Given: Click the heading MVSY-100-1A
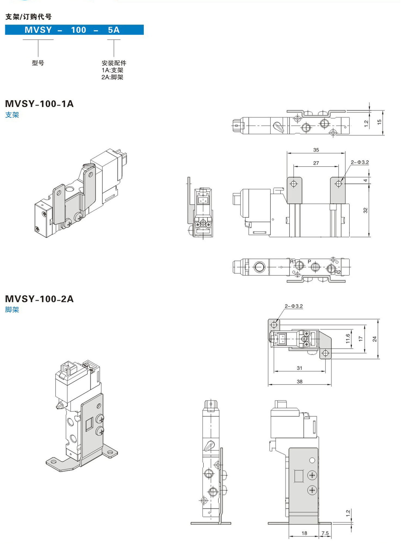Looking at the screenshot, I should click(x=39, y=104).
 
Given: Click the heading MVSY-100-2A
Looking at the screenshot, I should click(x=39, y=299).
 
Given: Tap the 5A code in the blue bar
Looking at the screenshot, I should click(x=114, y=30).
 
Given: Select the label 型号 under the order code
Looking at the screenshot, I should click(x=38, y=63).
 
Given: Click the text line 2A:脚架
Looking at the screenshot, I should click(x=112, y=77).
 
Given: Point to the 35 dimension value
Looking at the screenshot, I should click(x=316, y=150).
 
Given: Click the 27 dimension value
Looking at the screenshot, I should click(x=316, y=163).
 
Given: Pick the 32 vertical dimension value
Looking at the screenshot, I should click(x=365, y=210).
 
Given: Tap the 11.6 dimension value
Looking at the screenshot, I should click(x=348, y=339).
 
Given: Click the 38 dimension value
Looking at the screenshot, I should click(x=299, y=382).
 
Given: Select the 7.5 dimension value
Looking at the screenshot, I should click(x=325, y=533).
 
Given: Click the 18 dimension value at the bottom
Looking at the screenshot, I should click(x=304, y=533).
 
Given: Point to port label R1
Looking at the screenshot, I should click(x=293, y=262).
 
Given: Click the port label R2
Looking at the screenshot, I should click(x=338, y=272).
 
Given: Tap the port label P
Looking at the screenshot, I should click(x=309, y=261).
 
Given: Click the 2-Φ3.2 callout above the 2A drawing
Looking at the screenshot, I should click(x=294, y=306).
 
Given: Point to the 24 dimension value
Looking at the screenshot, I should click(x=375, y=339).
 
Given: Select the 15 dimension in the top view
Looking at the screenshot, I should click(x=379, y=122).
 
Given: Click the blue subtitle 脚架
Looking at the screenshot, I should click(x=12, y=309).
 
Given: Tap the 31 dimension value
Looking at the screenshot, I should click(x=299, y=368).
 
